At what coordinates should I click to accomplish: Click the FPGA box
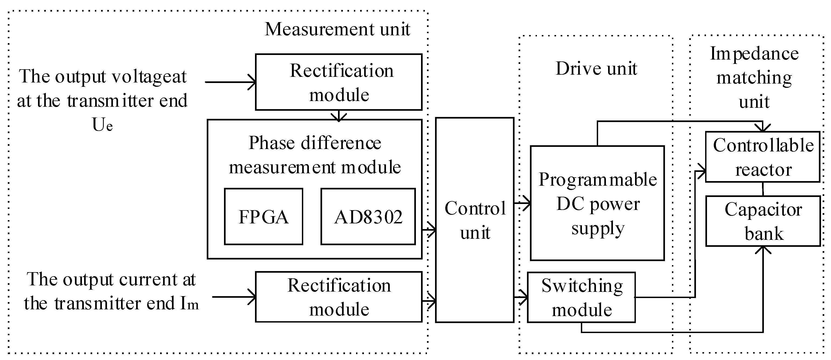263,216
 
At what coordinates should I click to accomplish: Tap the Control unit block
475,220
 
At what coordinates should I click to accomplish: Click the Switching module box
581,297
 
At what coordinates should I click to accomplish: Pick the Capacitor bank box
763,221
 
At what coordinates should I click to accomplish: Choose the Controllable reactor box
763,157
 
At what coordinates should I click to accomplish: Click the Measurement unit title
337,29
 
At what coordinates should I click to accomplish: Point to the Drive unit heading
596,68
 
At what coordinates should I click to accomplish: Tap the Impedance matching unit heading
754,77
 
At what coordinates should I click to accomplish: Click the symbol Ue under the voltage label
102,125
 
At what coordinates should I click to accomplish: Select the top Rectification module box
339,82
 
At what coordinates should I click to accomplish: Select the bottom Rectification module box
339,297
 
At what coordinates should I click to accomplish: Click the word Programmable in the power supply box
598,179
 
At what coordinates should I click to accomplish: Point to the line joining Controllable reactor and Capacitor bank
763,189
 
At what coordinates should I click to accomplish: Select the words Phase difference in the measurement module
315,143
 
